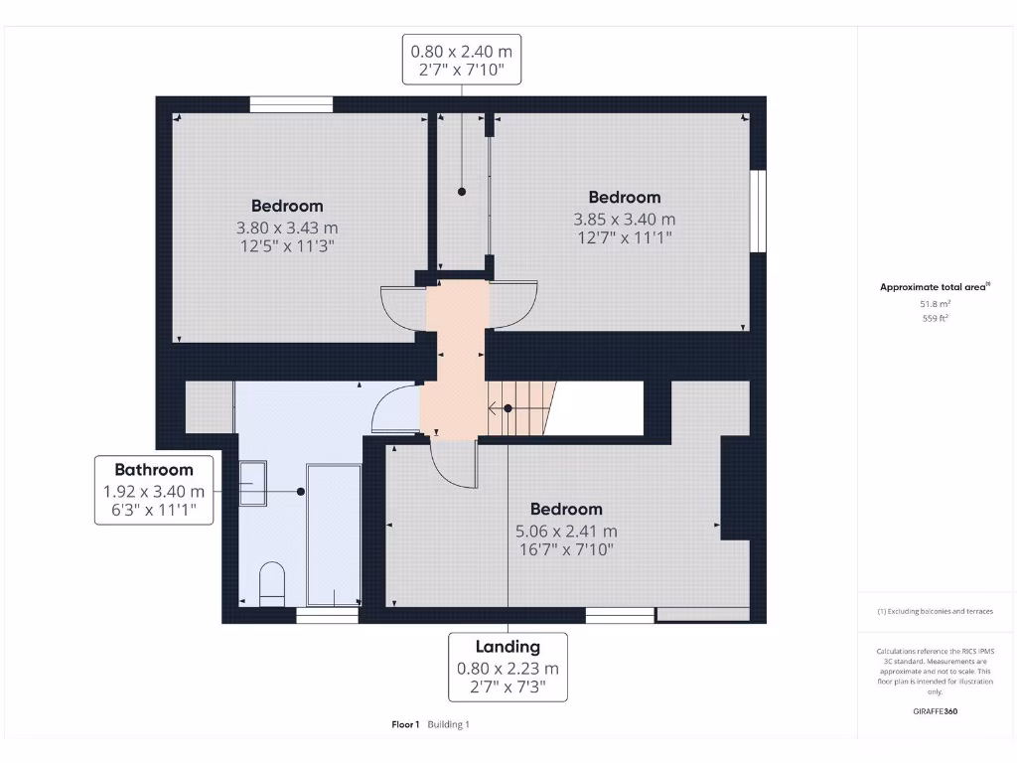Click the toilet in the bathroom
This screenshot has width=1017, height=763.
[272, 584]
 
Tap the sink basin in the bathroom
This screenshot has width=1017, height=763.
[253, 483]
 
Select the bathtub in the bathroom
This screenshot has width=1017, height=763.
[334, 534]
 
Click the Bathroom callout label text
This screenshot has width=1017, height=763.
[154, 470]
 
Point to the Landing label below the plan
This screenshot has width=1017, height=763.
[508, 647]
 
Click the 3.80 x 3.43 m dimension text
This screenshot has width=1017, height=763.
[287, 228]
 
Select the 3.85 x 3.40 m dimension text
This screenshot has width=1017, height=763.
[624, 220]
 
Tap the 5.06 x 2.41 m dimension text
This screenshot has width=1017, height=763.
[566, 532]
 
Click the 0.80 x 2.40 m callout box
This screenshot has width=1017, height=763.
[462, 60]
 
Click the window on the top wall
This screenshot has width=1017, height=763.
[291, 104]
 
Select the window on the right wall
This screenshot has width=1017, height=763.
[758, 211]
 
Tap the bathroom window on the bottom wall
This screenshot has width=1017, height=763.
[327, 615]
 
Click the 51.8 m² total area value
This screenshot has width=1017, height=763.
[936, 304]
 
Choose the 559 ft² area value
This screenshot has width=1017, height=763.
[936, 318]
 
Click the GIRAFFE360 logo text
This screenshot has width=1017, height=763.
[936, 711]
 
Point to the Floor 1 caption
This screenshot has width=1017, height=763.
[405, 724]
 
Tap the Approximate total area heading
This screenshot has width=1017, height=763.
[935, 287]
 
